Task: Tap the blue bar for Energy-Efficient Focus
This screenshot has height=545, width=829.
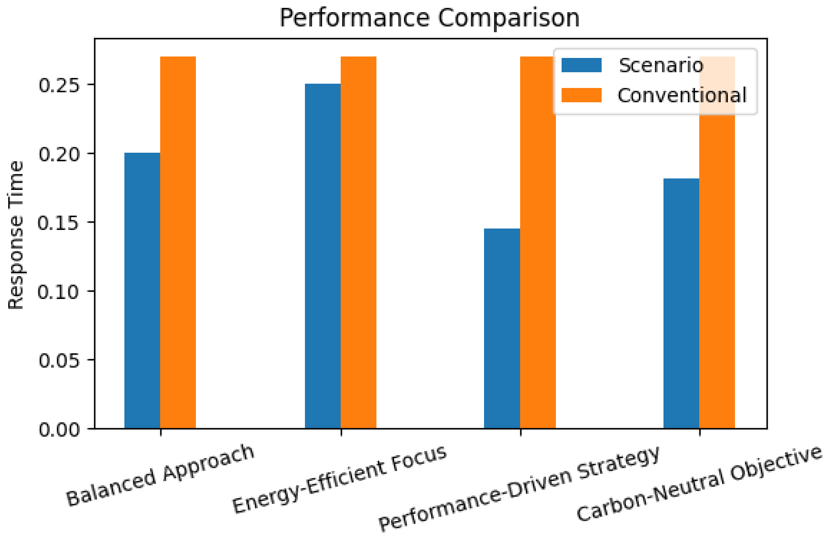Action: point(322,256)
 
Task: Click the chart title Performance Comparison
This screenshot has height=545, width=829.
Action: point(429,18)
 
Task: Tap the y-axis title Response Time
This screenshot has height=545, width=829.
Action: point(16,235)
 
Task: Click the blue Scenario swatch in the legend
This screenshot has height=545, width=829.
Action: point(581,65)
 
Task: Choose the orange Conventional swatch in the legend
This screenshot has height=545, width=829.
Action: point(581,95)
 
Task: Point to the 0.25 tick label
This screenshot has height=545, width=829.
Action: point(59,85)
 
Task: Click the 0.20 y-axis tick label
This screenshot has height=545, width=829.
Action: point(59,154)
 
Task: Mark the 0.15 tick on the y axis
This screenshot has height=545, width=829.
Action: point(59,223)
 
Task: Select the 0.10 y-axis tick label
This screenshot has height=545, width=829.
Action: point(59,291)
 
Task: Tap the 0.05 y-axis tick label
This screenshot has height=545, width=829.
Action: point(59,360)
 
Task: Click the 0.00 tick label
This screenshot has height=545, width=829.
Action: point(59,429)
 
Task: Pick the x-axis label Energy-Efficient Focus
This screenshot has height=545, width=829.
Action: point(339,479)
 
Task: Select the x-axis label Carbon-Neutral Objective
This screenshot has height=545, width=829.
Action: point(699,483)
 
